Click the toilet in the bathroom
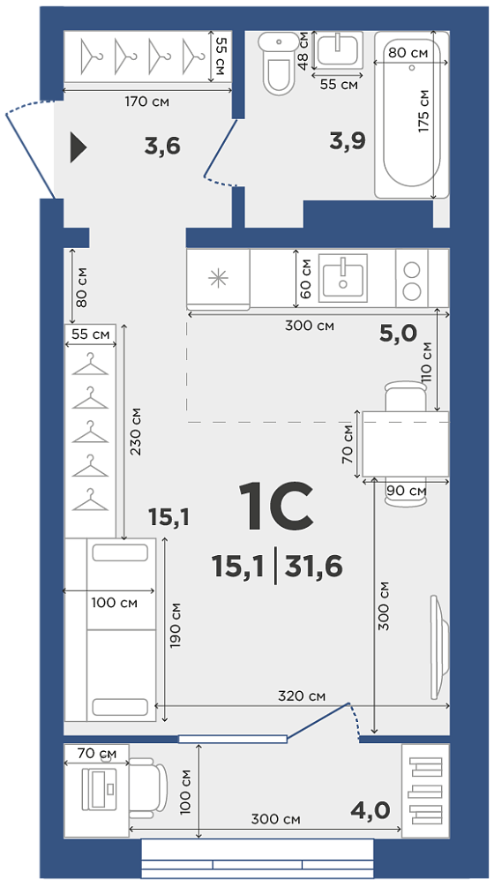[280, 63]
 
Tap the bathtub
[412, 114]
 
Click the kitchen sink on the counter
[343, 278]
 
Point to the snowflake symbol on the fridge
[218, 279]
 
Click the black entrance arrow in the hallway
[78, 147]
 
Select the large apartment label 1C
[276, 507]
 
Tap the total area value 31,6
[314, 567]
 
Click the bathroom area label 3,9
[348, 141]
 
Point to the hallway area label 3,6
[162, 147]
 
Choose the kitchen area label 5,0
[398, 334]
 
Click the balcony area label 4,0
[370, 810]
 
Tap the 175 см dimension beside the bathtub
[423, 111]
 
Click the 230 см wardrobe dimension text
[135, 432]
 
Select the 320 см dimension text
[302, 695]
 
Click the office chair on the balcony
[148, 788]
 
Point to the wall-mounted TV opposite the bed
[439, 647]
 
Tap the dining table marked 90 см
[405, 444]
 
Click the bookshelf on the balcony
[425, 791]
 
